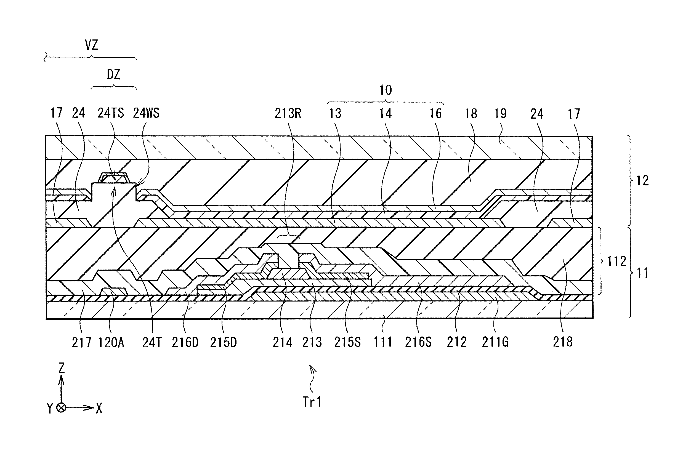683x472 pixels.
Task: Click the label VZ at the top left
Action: point(91,45)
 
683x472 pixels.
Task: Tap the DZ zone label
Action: point(113,74)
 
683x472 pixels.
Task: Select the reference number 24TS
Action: point(111,113)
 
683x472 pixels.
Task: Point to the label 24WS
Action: point(146,113)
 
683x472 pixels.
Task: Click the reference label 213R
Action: point(288,113)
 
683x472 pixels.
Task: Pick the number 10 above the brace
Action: point(386,90)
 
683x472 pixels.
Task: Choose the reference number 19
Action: point(500,114)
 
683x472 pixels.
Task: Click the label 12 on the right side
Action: point(642,180)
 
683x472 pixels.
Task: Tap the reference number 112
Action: point(616,262)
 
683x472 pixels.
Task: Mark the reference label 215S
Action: point(347,342)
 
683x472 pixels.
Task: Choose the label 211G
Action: point(495,342)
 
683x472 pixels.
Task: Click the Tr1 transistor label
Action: point(312,402)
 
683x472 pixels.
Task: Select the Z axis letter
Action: point(62,368)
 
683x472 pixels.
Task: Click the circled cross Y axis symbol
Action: point(61,408)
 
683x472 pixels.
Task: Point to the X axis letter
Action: point(99,409)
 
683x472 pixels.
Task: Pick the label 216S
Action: point(418,342)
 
